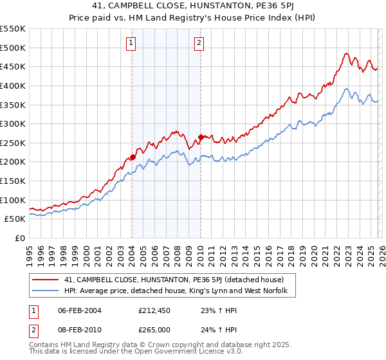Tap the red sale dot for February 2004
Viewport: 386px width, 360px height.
coord(133,156)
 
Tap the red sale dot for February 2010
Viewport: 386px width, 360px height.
coord(201,136)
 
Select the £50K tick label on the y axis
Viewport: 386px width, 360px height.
coord(15,219)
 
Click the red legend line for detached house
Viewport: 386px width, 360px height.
coord(45,280)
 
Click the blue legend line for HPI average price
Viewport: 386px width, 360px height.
coord(45,291)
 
